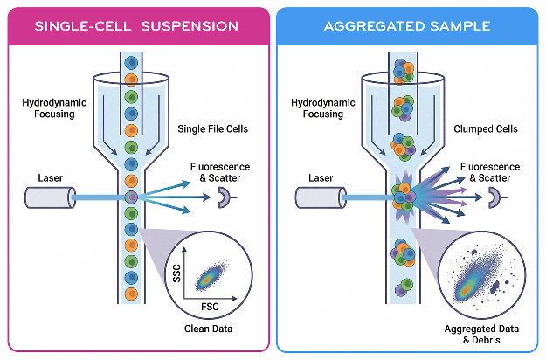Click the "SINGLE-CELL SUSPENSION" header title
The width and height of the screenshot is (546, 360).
click(136, 26)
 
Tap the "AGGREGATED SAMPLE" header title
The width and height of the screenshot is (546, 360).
click(407, 26)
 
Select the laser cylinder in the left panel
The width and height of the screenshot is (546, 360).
click(50, 197)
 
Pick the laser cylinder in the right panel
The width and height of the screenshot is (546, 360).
click(321, 197)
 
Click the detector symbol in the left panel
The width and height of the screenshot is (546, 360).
click(225, 197)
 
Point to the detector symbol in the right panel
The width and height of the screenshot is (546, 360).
click(495, 197)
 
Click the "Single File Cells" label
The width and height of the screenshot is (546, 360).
click(213, 129)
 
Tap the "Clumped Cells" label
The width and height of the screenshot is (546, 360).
click(486, 129)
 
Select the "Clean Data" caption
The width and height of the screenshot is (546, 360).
click(208, 329)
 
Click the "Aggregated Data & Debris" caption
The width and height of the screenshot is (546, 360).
click(481, 335)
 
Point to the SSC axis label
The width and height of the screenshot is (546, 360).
click(176, 273)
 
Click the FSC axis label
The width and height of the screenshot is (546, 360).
click(210, 307)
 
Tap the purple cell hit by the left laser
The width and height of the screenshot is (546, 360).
click(131, 197)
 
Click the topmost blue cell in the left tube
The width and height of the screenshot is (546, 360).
click(131, 63)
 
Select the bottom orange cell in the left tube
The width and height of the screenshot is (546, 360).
click(131, 294)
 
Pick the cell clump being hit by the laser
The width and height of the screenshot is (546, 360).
click(404, 197)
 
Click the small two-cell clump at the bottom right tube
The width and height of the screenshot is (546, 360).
click(404, 287)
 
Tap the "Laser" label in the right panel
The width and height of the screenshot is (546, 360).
click(321, 178)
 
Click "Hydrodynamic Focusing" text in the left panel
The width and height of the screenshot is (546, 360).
click(54, 108)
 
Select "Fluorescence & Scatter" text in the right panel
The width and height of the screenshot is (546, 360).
click(490, 172)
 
